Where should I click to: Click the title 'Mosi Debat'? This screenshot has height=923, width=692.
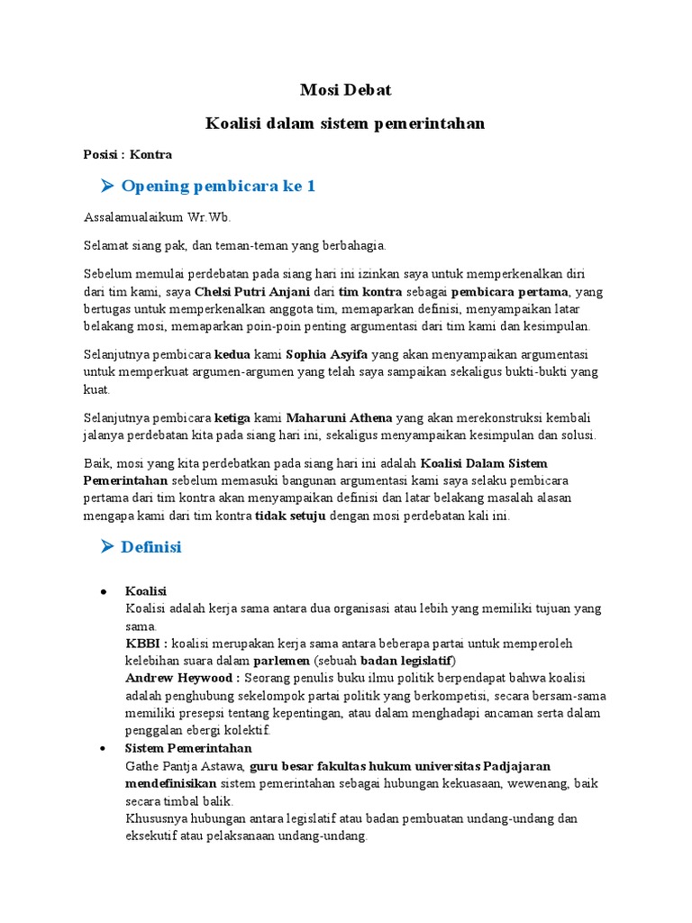pyautogui.click(x=345, y=91)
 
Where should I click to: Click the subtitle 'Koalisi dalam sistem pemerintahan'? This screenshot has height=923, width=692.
pyautogui.click(x=345, y=123)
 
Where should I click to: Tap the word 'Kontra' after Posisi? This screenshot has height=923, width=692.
pyautogui.click(x=150, y=154)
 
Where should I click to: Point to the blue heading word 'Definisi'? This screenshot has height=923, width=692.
pyautogui.click(x=151, y=547)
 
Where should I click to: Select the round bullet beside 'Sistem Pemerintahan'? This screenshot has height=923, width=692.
pyautogui.click(x=105, y=749)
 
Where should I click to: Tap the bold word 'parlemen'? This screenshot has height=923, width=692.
pyautogui.click(x=282, y=661)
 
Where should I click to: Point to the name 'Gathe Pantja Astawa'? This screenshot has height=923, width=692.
pyautogui.click(x=186, y=766)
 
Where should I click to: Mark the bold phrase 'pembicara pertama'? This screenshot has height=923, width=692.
pyautogui.click(x=509, y=291)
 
